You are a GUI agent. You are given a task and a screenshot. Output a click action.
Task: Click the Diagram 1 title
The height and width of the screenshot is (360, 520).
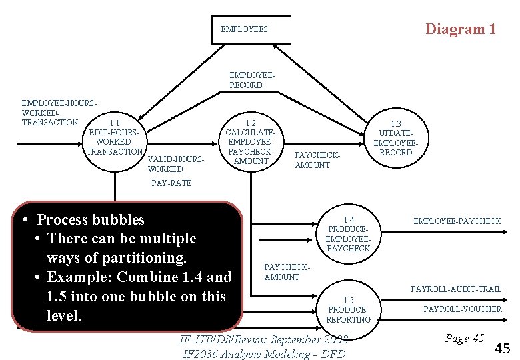click(461, 29)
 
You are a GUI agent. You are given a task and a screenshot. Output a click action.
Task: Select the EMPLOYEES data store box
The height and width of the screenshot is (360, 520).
click(251, 29)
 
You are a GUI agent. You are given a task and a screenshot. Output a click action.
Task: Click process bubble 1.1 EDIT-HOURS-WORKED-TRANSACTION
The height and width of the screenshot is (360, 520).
click(115, 137)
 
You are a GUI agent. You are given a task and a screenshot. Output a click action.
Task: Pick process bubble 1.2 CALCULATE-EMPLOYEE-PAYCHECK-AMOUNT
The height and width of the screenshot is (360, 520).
click(251, 142)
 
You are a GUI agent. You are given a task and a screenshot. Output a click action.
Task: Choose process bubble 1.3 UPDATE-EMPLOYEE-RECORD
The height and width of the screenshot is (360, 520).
click(395, 138)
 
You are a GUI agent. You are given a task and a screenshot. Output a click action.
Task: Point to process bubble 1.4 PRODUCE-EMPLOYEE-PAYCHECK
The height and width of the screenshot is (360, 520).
click(348, 234)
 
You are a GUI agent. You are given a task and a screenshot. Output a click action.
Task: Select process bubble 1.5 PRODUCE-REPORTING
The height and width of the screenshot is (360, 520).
click(348, 310)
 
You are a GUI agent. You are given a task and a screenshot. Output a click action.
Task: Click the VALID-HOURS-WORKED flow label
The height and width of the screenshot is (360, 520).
click(175, 164)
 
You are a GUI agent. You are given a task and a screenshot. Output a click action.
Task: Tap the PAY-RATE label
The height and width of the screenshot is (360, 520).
click(171, 183)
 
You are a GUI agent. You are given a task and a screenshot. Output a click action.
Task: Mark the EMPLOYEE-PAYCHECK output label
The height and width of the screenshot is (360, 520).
click(457, 221)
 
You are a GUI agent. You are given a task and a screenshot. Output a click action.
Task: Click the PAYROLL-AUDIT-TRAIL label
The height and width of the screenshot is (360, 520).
click(456, 289)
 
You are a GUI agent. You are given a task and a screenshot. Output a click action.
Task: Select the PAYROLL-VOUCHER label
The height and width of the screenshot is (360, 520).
click(462, 309)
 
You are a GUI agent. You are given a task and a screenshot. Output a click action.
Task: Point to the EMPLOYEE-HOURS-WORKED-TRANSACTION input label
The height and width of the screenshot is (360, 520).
click(59, 113)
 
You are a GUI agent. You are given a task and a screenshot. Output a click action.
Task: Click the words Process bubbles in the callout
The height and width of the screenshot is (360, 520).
click(91, 219)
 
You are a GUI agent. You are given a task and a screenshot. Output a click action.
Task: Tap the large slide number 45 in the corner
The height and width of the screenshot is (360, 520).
click(503, 347)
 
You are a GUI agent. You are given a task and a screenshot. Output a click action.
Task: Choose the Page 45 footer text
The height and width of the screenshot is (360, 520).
click(464, 338)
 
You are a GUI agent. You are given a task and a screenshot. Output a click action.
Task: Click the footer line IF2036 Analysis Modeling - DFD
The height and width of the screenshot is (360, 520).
click(264, 353)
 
